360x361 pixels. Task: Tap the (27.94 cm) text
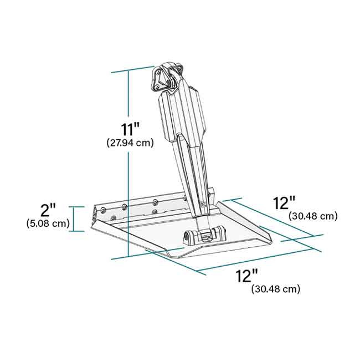pyautogui.click(x=130, y=143)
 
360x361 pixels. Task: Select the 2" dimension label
pyautogui.click(x=48, y=210)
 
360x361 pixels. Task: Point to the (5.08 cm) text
pyautogui.click(x=48, y=223)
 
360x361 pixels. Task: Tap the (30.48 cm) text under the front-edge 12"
pyautogui.click(x=275, y=289)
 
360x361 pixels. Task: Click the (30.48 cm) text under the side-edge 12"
pyautogui.click(x=313, y=216)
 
